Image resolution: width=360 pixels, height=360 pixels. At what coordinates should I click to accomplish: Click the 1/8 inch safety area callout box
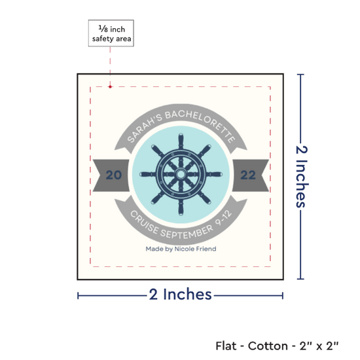pos(111,33)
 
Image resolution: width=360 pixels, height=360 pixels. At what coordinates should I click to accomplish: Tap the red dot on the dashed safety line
pos(110,87)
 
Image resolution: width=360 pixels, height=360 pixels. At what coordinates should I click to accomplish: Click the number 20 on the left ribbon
pos(114,175)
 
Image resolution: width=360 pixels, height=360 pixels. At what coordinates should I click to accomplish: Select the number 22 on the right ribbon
pos(248,175)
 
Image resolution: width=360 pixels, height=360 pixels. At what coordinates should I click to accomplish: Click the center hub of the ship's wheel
pos(181,174)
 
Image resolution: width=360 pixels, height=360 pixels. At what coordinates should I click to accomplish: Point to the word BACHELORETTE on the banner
pos(200,124)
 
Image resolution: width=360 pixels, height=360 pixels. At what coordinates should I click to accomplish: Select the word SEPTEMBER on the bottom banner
pos(187,232)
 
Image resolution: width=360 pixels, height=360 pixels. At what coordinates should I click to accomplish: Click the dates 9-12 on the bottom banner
pos(223,219)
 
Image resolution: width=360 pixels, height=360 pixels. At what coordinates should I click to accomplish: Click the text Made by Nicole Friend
pos(181,249)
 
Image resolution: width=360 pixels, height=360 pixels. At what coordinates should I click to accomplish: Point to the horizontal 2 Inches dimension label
pos(180,295)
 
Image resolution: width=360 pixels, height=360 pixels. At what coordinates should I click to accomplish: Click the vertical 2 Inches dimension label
pos(302,176)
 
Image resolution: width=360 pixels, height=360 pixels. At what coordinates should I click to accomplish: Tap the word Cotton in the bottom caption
pos(268,346)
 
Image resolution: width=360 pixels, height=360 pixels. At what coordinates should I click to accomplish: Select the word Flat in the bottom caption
pos(226,346)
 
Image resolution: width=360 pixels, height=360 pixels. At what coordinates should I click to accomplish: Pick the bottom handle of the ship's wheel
pos(181,208)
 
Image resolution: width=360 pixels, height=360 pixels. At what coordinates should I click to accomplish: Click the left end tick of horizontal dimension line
pos(78,296)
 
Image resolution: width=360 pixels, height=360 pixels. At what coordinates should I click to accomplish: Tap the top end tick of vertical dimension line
pos(300,75)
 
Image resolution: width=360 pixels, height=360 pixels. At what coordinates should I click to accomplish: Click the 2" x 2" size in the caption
pos(319,346)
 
